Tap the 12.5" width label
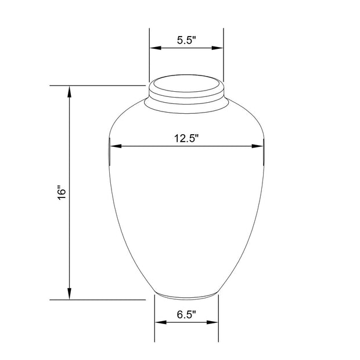click(186, 138)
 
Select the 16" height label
click(63, 193)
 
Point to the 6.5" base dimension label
click(186, 315)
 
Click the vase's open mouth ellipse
click(186, 83)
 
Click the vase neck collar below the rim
click(186, 103)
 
